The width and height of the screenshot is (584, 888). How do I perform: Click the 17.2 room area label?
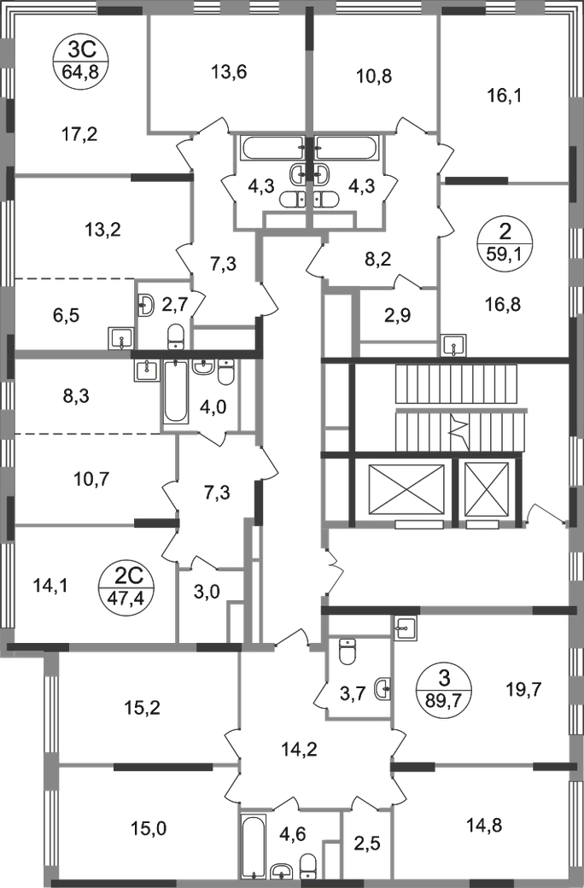tap(82, 132)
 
